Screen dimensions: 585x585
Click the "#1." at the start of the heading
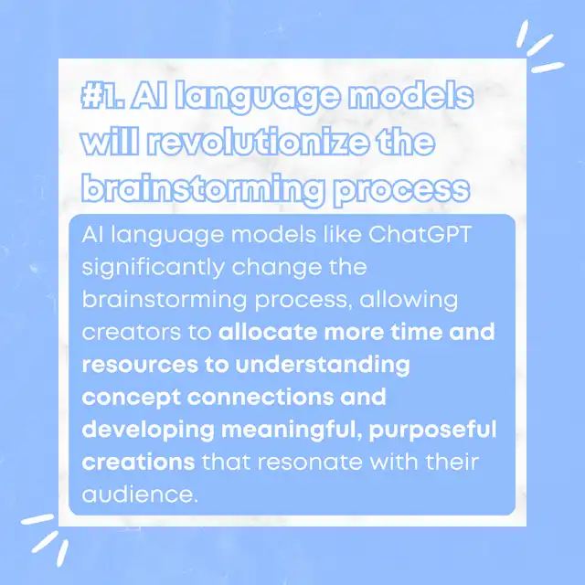(103, 95)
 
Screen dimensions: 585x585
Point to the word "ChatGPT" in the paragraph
(420, 234)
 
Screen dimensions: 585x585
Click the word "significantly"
(154, 268)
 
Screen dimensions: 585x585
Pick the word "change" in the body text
(276, 268)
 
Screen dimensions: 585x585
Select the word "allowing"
(409, 301)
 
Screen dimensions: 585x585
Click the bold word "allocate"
(268, 332)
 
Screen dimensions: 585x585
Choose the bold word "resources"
(140, 365)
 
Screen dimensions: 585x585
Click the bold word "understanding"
(323, 366)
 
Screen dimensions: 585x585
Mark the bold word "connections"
(261, 397)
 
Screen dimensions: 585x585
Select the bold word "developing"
(148, 431)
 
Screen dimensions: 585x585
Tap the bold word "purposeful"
(432, 431)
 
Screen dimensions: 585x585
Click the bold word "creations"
(138, 463)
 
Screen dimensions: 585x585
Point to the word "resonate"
(310, 463)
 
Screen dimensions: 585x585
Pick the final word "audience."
(140, 495)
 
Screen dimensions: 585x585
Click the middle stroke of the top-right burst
(539, 45)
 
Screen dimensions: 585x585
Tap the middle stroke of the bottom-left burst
(45, 542)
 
